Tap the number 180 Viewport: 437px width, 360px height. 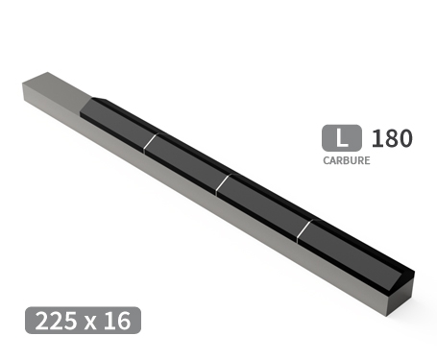pyautogui.click(x=391, y=138)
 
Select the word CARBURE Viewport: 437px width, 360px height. pyautogui.click(x=347, y=160)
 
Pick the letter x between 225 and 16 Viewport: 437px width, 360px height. pyautogui.click(x=90, y=323)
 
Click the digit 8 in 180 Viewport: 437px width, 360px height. pyautogui.click(x=391, y=138)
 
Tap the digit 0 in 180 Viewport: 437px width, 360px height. pyautogui.click(x=404, y=138)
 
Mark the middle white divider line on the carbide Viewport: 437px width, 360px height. pyautogui.click(x=222, y=182)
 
